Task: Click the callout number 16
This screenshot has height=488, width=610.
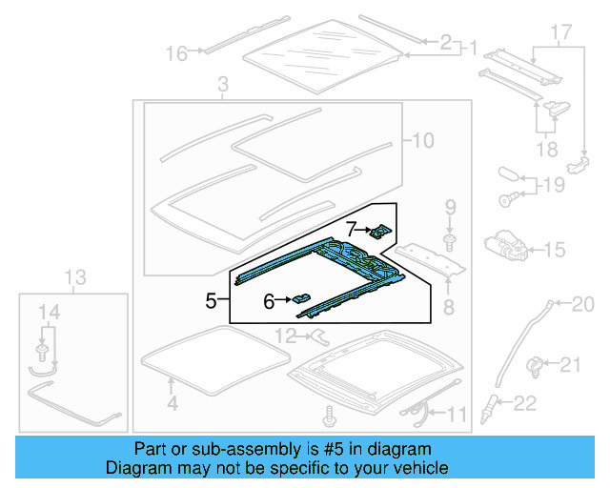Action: [177, 53]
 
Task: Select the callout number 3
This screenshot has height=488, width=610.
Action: [222, 87]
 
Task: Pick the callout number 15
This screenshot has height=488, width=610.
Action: [554, 250]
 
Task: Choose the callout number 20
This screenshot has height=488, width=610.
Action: [582, 304]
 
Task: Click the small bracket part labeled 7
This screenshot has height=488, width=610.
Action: [380, 231]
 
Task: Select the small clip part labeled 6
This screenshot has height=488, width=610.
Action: [302, 300]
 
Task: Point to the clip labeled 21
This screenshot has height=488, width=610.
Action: [537, 363]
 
